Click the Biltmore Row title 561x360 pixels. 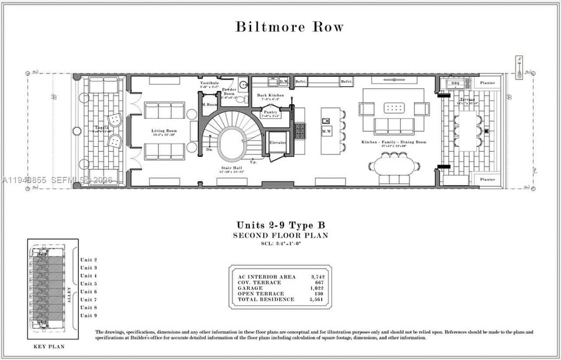click(289, 27)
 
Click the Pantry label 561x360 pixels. click(270, 113)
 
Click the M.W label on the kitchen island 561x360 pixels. click(327, 131)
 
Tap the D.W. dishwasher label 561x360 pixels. click(283, 81)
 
